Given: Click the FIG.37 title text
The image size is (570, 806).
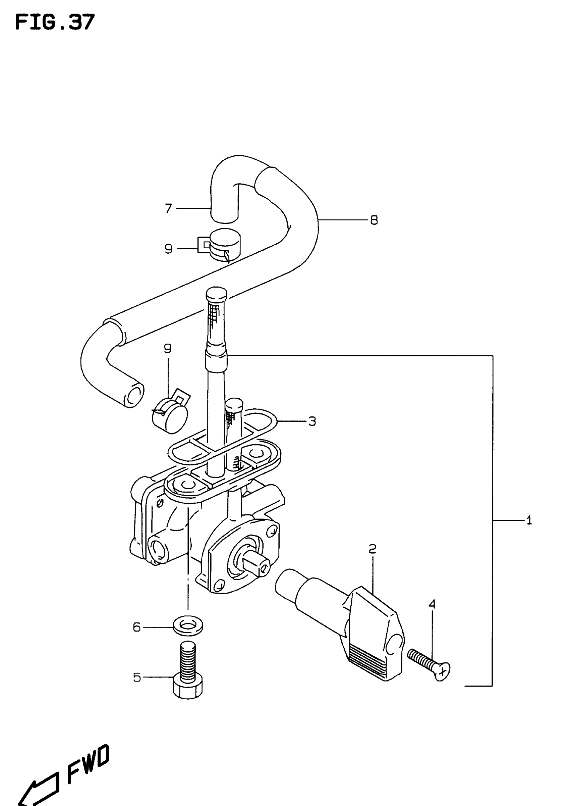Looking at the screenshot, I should click(x=55, y=22).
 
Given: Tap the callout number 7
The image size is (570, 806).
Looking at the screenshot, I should click(x=168, y=208).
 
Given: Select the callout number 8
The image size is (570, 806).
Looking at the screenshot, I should click(x=374, y=220).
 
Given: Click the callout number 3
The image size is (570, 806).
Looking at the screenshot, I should click(x=312, y=421).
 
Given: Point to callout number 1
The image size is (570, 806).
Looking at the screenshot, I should click(x=529, y=520).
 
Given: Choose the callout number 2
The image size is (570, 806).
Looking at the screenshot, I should click(x=373, y=549).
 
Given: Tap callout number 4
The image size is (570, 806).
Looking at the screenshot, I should click(x=432, y=604).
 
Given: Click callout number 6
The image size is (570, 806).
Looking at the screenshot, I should click(x=137, y=627).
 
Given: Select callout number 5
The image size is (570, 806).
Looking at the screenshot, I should click(x=137, y=677).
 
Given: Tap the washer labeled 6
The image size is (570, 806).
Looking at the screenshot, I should click(x=188, y=627).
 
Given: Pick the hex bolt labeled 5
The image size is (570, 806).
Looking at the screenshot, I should click(x=188, y=671).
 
